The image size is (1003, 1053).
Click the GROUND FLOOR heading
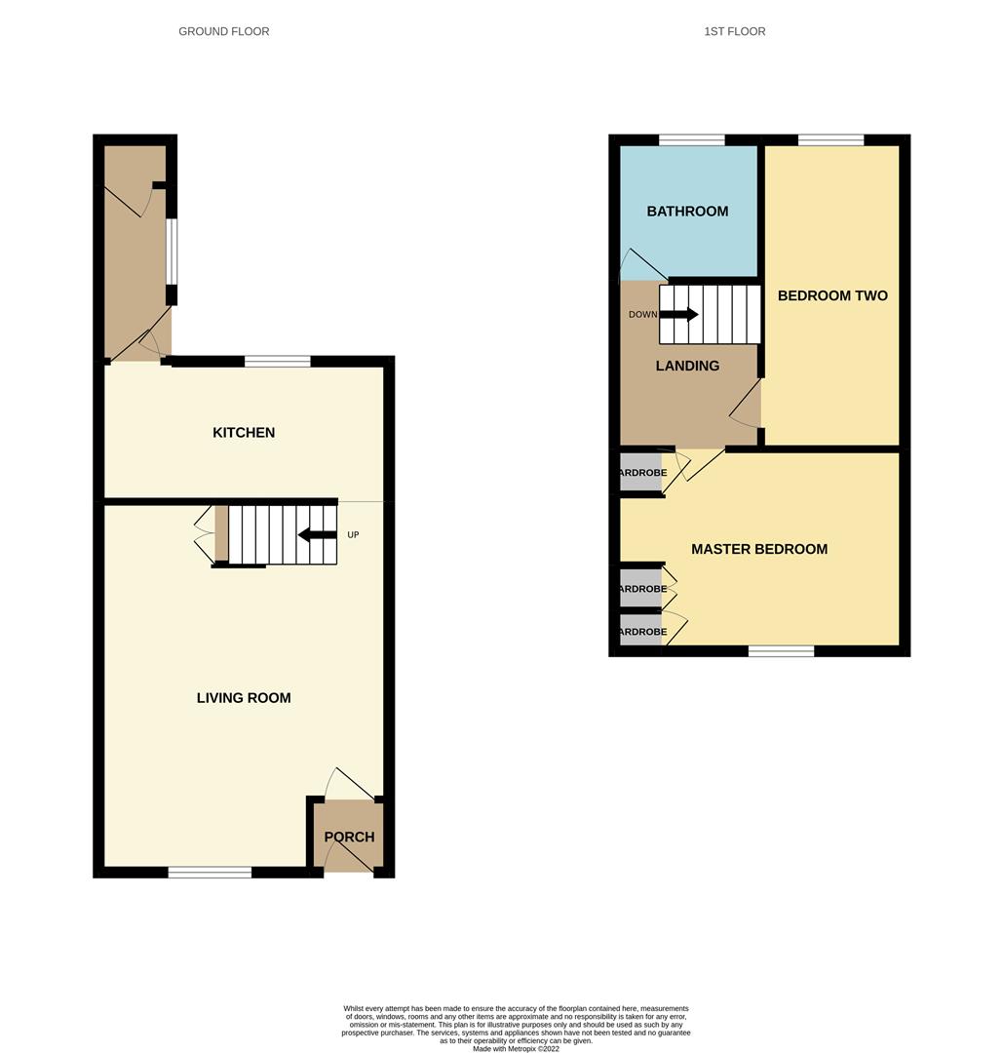pyautogui.click(x=223, y=31)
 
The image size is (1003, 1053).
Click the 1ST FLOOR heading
pyautogui.click(x=734, y=31)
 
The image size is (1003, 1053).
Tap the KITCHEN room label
pyautogui.click(x=244, y=432)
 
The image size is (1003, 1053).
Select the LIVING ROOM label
pyautogui.click(x=244, y=697)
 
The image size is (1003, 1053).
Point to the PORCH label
pyautogui.click(x=349, y=837)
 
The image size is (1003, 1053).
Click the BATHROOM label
pyautogui.click(x=687, y=211)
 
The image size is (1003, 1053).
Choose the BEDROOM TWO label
pyautogui.click(x=832, y=295)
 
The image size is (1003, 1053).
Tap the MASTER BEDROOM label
pyautogui.click(x=759, y=549)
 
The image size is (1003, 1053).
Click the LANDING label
pyautogui.click(x=687, y=366)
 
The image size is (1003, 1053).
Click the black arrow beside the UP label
pyautogui.click(x=317, y=534)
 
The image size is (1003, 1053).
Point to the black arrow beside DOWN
pyautogui.click(x=679, y=314)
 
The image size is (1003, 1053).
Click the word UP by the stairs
pyautogui.click(x=353, y=534)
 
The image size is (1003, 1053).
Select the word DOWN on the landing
pyautogui.click(x=642, y=314)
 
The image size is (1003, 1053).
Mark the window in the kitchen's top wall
pyautogui.click(x=277, y=361)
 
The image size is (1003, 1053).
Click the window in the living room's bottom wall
pyautogui.click(x=210, y=872)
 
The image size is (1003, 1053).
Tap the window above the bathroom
pyautogui.click(x=691, y=139)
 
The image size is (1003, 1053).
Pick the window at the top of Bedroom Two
pyautogui.click(x=830, y=139)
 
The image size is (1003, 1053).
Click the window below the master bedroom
pyautogui.click(x=781, y=650)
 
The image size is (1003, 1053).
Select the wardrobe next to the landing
pyautogui.click(x=640, y=473)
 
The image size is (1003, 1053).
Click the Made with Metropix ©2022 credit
pyautogui.click(x=516, y=1049)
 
